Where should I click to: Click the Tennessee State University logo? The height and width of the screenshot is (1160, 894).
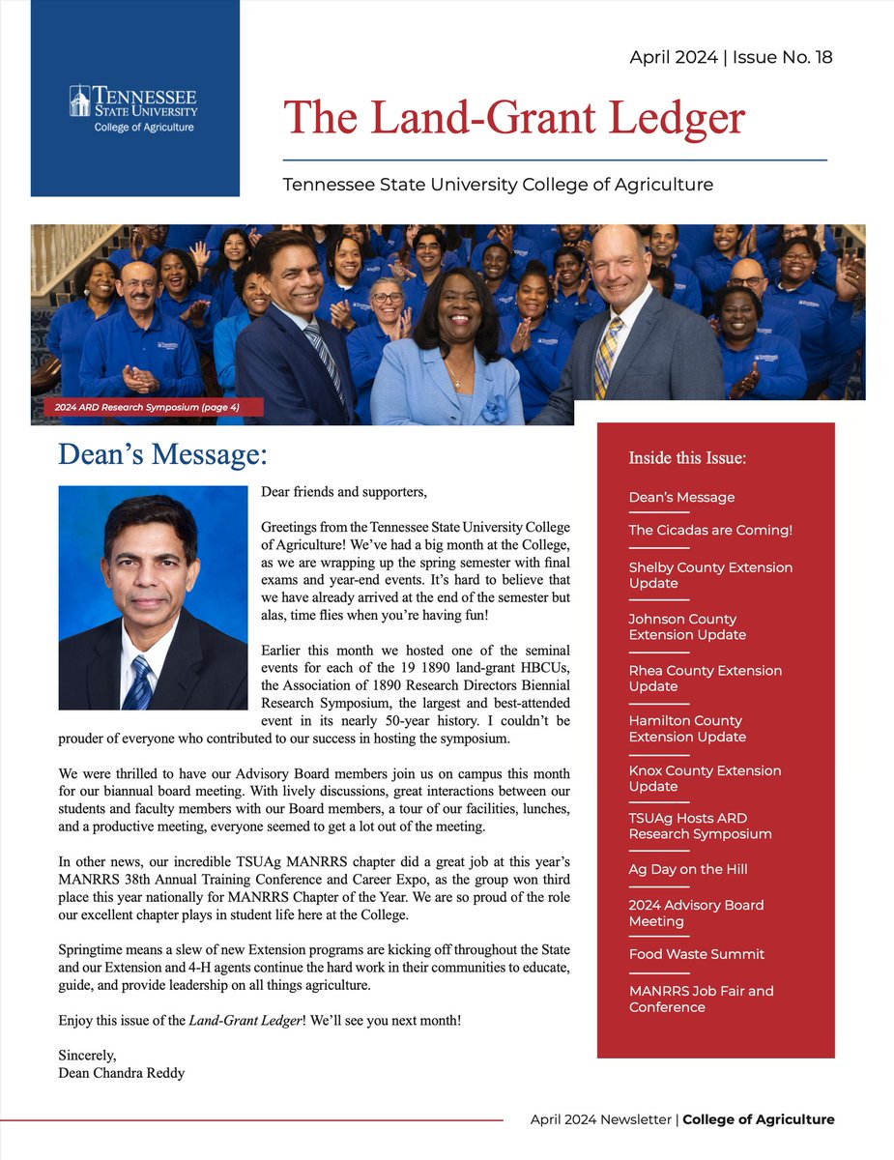133,108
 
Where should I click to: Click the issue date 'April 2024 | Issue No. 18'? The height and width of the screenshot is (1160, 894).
731,57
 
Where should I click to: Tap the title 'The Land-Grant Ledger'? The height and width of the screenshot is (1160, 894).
514,118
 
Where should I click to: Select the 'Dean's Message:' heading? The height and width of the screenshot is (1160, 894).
162,453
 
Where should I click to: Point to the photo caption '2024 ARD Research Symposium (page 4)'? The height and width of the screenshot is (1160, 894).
147,408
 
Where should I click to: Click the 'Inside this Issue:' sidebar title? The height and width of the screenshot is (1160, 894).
687,457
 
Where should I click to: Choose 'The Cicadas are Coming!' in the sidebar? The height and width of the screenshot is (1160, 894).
710,530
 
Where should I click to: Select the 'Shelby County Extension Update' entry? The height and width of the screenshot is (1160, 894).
710,575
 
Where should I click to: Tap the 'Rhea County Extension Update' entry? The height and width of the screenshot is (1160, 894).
706,678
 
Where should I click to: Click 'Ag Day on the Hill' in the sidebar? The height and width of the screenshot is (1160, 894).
688,869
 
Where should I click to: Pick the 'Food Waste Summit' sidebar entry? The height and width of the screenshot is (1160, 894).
696,954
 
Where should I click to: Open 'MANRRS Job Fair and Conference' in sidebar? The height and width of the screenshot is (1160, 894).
701,999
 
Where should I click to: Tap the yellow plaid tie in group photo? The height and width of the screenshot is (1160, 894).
607,359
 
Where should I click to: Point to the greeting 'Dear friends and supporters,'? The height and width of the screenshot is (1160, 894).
343,492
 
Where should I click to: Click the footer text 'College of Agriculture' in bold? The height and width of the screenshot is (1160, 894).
758,1119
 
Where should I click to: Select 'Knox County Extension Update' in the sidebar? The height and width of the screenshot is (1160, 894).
705,778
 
